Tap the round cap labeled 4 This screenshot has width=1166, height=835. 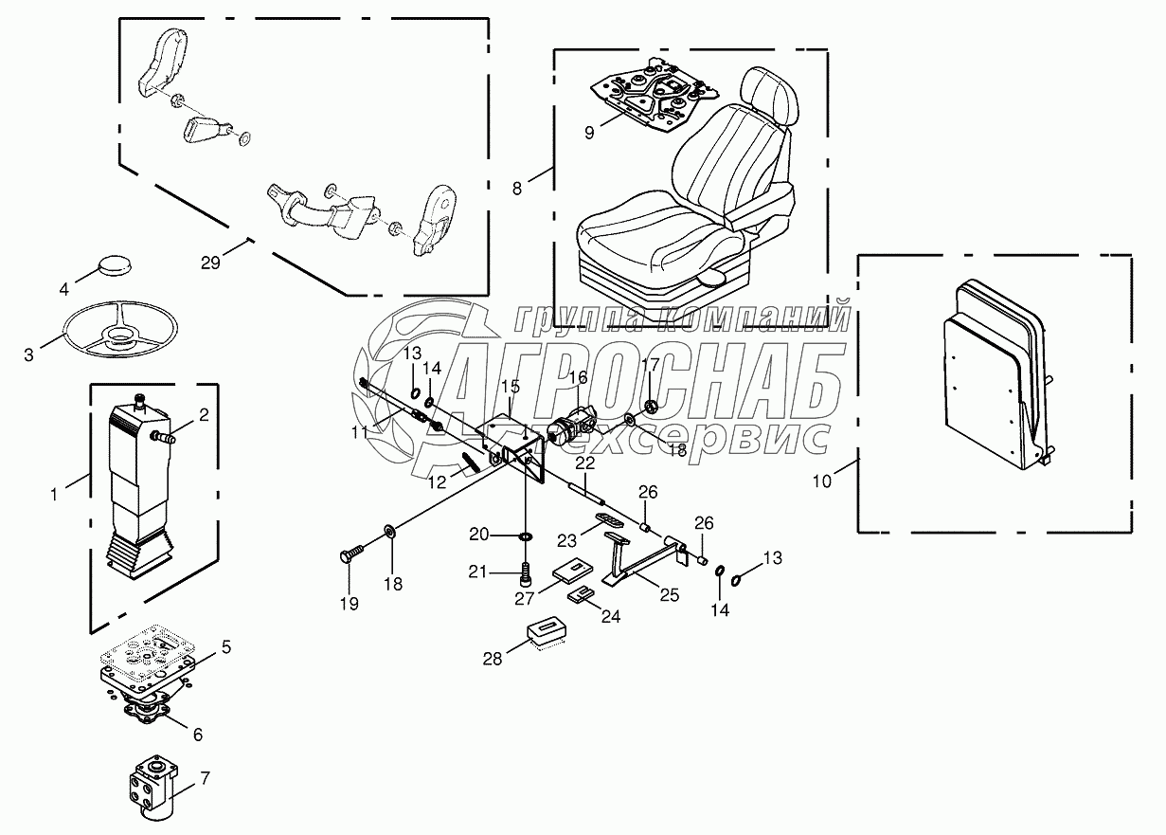point(117,268)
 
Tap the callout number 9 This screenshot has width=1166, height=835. point(589,132)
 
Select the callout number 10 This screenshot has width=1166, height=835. point(822,481)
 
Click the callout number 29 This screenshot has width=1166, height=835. point(210,263)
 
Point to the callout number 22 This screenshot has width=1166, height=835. point(585,463)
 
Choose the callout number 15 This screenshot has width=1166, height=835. point(511,386)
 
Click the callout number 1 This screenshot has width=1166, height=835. point(55,493)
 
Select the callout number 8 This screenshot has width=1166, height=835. point(517,188)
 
